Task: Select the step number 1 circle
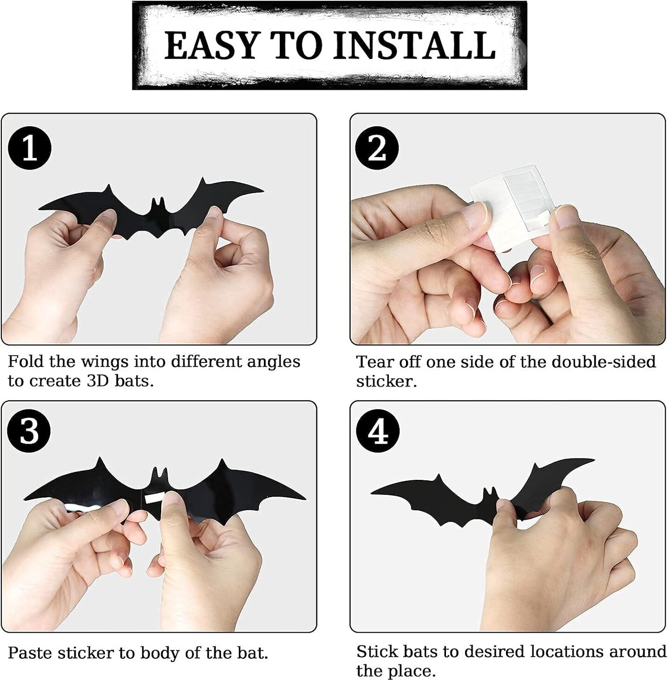30,149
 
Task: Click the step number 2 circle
377,149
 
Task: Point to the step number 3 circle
30,431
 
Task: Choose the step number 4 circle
378,431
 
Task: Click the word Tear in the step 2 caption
375,362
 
